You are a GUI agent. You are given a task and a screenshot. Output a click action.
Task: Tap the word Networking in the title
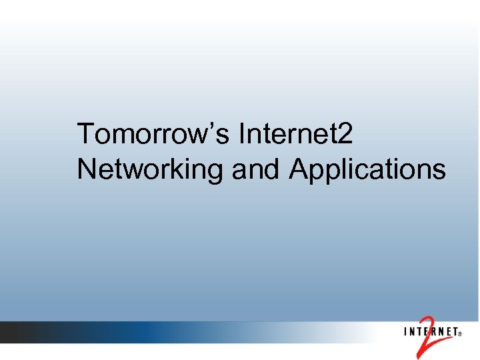pos(149,170)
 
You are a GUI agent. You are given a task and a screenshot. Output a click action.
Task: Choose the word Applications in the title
pos(367,170)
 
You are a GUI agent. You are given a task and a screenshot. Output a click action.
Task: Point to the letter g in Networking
pos(215,173)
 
